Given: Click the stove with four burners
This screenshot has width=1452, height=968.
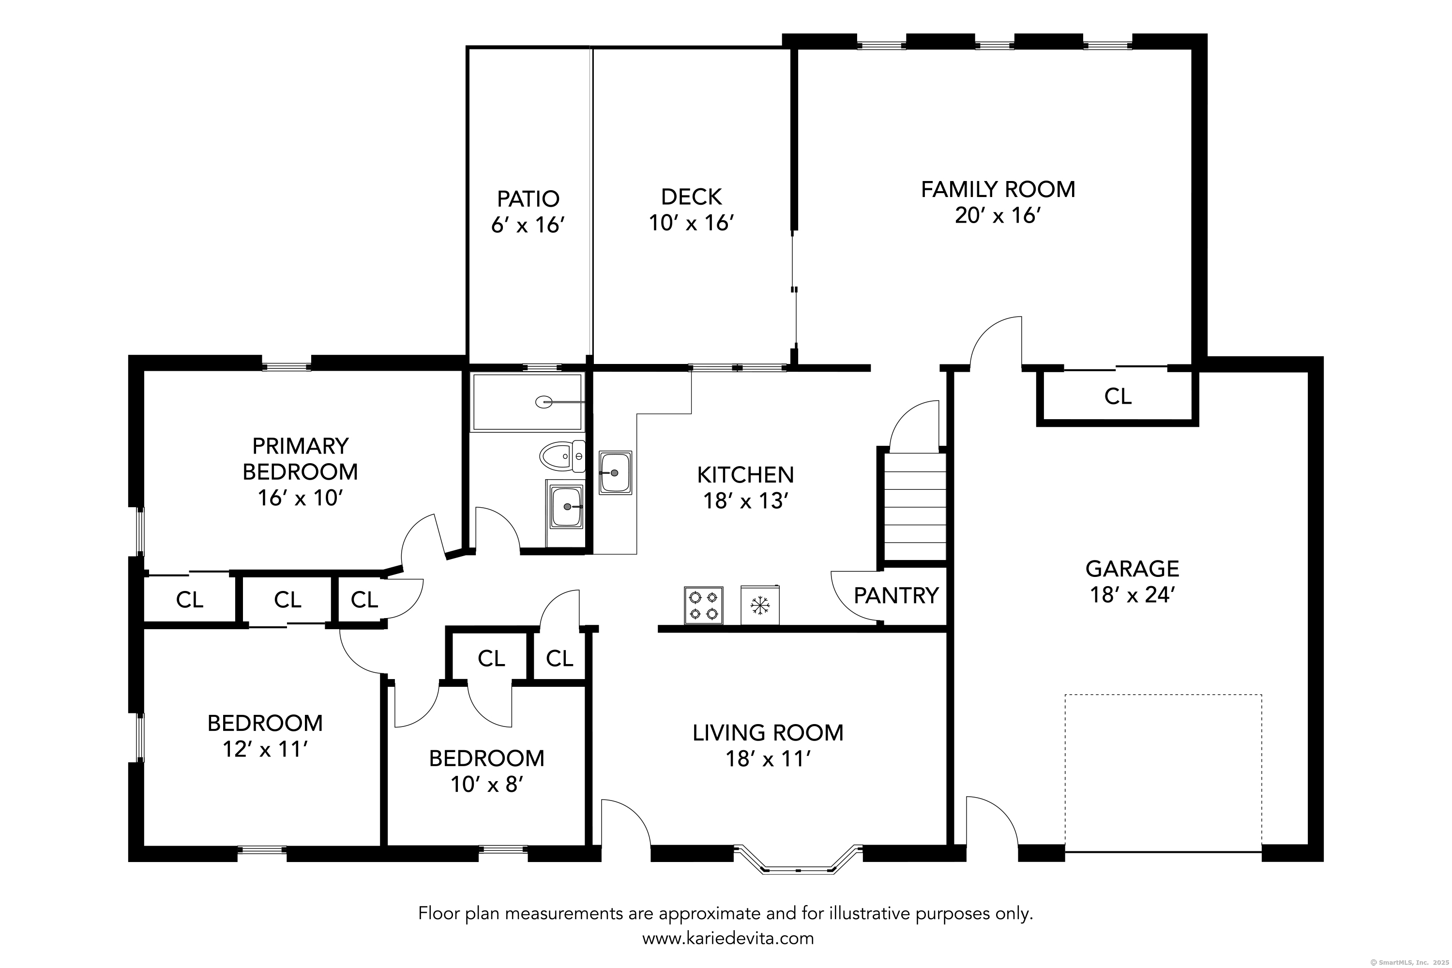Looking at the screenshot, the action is pyautogui.click(x=703, y=605).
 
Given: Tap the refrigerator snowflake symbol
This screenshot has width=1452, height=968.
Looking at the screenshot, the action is pyautogui.click(x=759, y=605).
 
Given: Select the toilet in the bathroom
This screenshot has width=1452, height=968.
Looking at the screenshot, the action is pyautogui.click(x=562, y=456).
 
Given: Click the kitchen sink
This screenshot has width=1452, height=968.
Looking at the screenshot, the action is pyautogui.click(x=616, y=472).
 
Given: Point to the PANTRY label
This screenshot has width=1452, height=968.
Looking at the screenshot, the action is pyautogui.click(x=896, y=596).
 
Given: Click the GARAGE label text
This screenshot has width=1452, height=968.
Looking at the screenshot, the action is pyautogui.click(x=1132, y=569).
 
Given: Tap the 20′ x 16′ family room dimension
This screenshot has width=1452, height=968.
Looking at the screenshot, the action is pyautogui.click(x=998, y=215).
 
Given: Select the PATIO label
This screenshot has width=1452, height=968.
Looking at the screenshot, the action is pyautogui.click(x=529, y=199).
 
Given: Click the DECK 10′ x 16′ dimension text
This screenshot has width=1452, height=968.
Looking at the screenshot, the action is pyautogui.click(x=692, y=223).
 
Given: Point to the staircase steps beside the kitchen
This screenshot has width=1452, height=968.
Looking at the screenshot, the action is pyautogui.click(x=915, y=507).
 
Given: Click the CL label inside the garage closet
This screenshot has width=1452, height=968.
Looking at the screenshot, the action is pyautogui.click(x=1118, y=396).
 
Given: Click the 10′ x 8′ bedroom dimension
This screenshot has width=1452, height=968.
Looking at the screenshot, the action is pyautogui.click(x=487, y=785).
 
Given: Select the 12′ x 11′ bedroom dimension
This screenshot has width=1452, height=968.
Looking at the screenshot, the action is pyautogui.click(x=265, y=749).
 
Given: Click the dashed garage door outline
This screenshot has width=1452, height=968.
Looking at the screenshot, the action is pyautogui.click(x=1163, y=695).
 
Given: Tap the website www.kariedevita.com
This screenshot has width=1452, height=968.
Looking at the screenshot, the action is pyautogui.click(x=728, y=939).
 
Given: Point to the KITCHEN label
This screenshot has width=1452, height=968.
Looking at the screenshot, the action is pyautogui.click(x=746, y=475).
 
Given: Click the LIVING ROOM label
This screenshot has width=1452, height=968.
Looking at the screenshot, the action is pyautogui.click(x=768, y=733).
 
